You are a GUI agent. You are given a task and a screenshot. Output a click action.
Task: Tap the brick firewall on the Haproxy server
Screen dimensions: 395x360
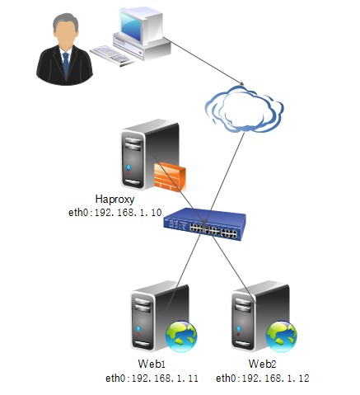tap(170, 177)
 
